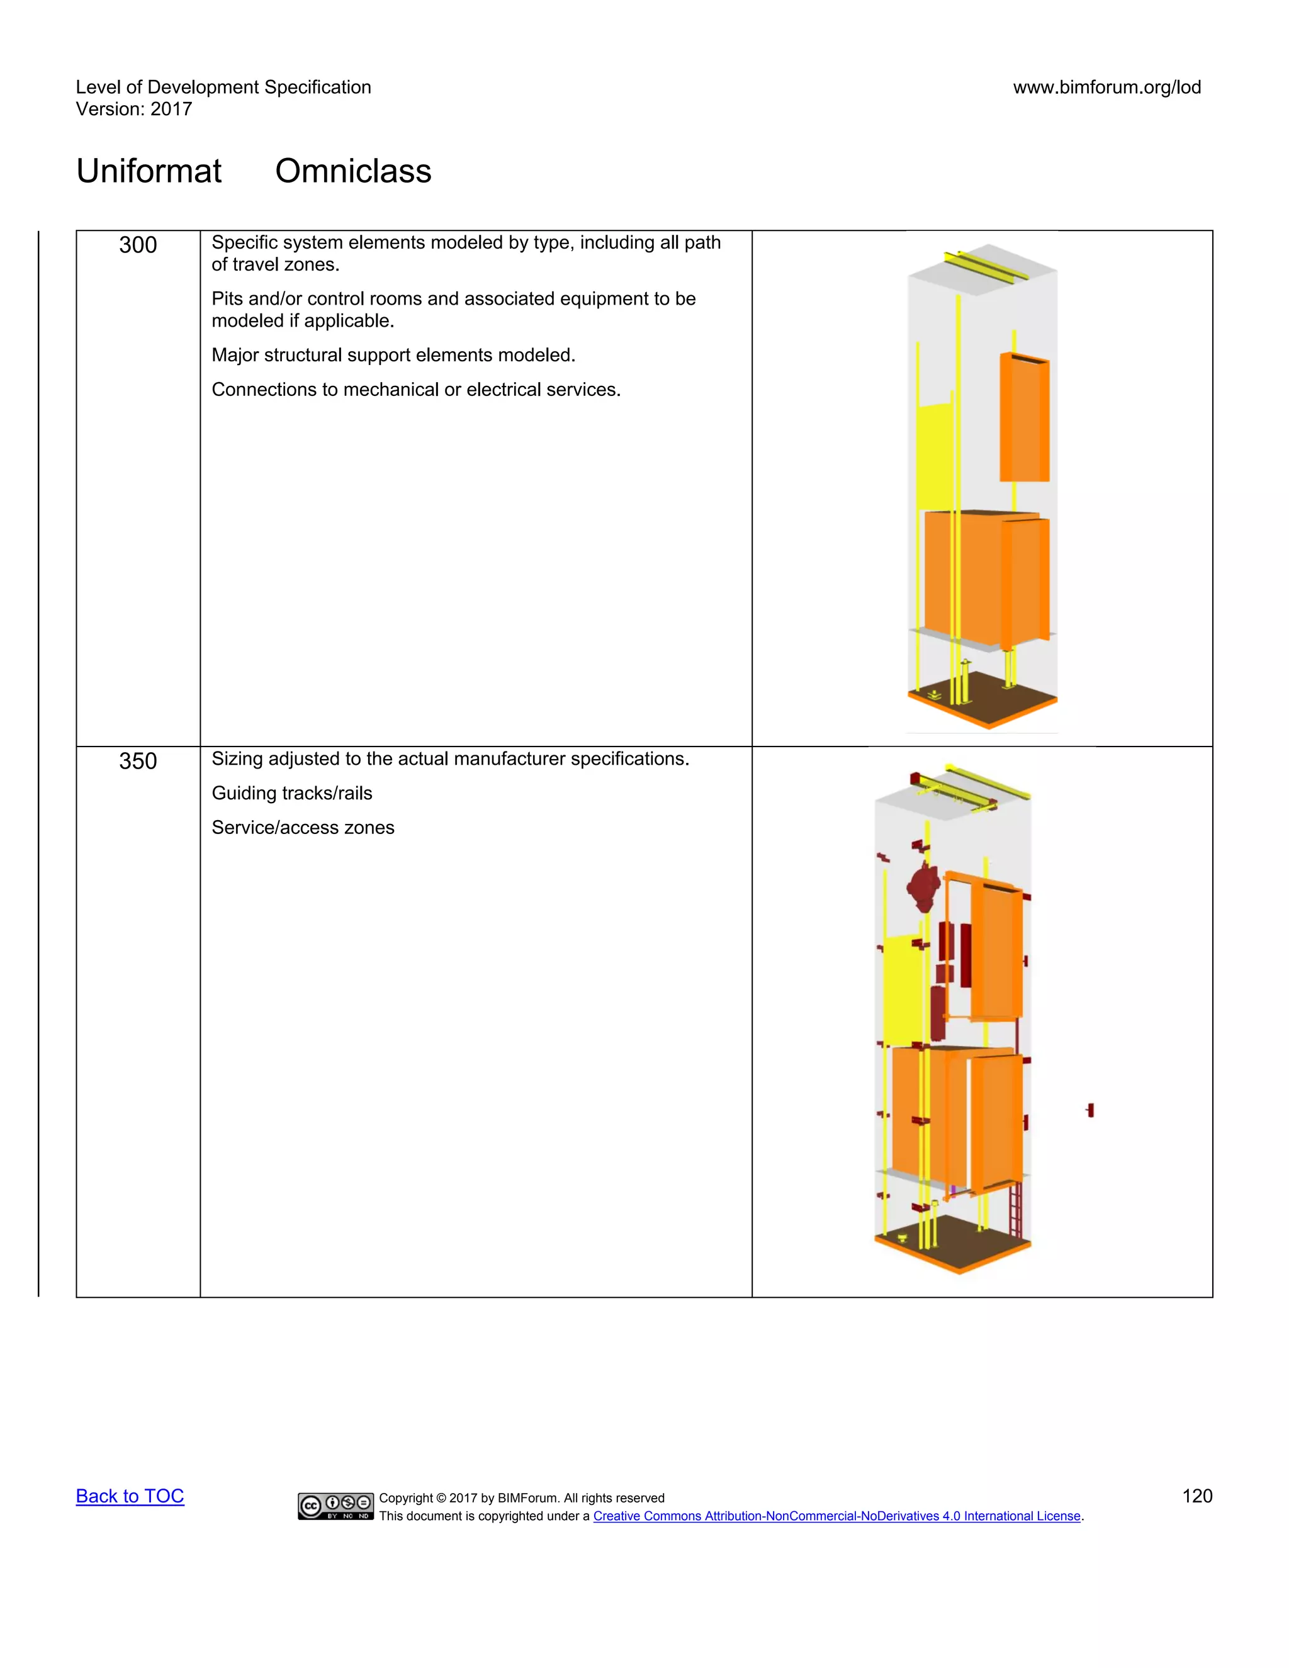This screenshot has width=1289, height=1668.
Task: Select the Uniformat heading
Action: [149, 171]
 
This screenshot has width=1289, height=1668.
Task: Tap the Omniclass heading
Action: [353, 171]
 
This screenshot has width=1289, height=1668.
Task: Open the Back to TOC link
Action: [130, 1496]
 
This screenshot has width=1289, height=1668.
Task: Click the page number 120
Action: [1196, 1496]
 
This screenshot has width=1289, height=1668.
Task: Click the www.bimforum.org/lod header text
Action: [1106, 87]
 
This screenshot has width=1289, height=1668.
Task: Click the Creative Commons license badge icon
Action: [336, 1506]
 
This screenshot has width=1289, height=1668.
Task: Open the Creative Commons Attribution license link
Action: [836, 1516]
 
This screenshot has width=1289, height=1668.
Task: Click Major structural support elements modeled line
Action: [393, 355]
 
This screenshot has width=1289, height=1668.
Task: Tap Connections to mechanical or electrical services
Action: [415, 390]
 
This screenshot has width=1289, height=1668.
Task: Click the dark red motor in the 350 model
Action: [923, 888]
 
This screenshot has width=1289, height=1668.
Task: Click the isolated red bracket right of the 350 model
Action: [1091, 1110]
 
